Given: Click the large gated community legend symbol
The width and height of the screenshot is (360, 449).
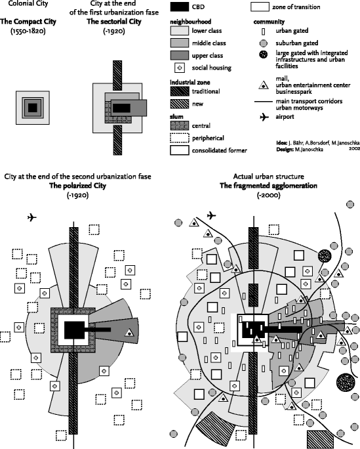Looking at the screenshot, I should tap(262, 56).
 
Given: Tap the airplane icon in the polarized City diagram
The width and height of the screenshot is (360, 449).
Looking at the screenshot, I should tap(32, 217).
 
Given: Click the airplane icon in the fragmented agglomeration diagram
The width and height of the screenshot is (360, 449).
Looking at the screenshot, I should tap(212, 215).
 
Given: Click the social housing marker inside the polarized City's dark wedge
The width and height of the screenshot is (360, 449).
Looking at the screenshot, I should tap(129, 333).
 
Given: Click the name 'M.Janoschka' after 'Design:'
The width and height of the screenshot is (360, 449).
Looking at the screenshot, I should tap(322, 149).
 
